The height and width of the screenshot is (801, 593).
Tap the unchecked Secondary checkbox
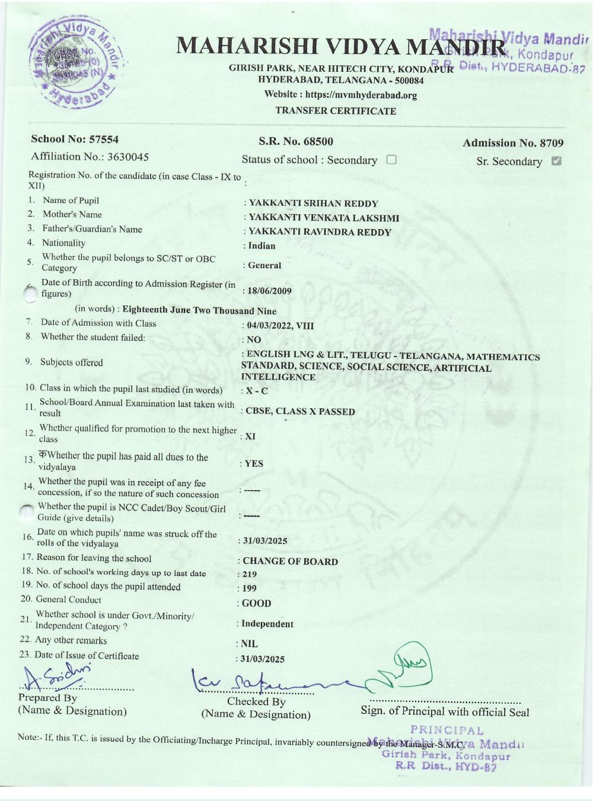click(391, 160)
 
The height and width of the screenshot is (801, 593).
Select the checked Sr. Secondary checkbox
click(556, 161)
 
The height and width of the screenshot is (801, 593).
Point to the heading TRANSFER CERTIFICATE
click(336, 111)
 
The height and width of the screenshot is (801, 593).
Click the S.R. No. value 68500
click(318, 141)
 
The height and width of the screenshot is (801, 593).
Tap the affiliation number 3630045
click(127, 157)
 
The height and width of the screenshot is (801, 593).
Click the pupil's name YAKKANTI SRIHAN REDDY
click(313, 204)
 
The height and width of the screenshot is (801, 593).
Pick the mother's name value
click(324, 218)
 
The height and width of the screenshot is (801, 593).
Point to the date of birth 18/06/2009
click(270, 291)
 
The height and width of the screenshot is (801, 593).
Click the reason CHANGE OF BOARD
click(290, 561)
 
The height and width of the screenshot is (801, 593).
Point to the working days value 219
click(249, 574)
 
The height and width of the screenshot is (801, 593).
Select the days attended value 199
click(249, 589)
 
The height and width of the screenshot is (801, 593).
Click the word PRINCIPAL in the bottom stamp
click(447, 731)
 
